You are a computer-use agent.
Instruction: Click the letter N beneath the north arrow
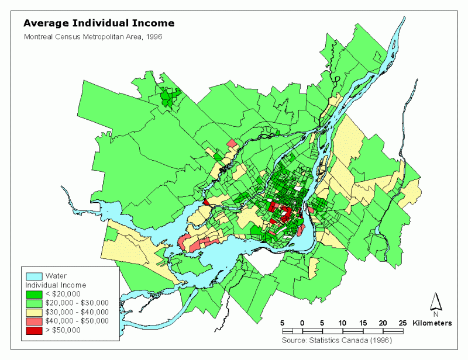(x=436, y=314)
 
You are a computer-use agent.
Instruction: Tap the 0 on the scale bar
(x=302, y=323)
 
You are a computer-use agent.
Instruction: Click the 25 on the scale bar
(x=402, y=323)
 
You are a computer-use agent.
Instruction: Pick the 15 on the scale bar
(x=362, y=323)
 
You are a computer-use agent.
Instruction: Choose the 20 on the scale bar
(x=383, y=323)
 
